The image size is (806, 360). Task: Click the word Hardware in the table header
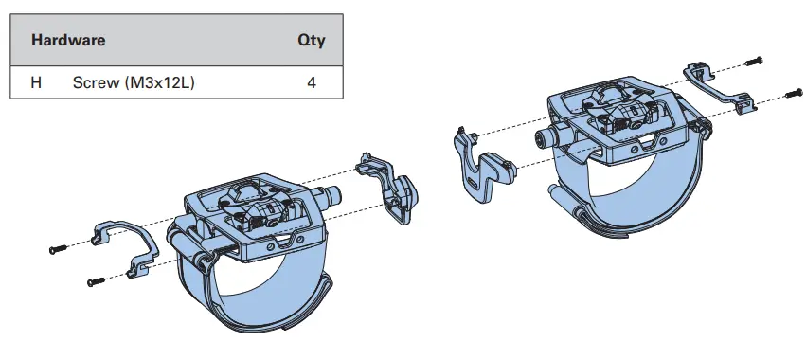pos(67,41)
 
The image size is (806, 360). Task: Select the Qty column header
pos(311,41)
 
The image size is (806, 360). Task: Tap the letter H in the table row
pos(36,82)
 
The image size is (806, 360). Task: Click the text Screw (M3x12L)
pos(134,82)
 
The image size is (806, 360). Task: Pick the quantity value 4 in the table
pos(311,82)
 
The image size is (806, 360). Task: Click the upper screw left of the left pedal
pos(58,248)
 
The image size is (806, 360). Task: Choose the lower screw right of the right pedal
pos(793,93)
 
